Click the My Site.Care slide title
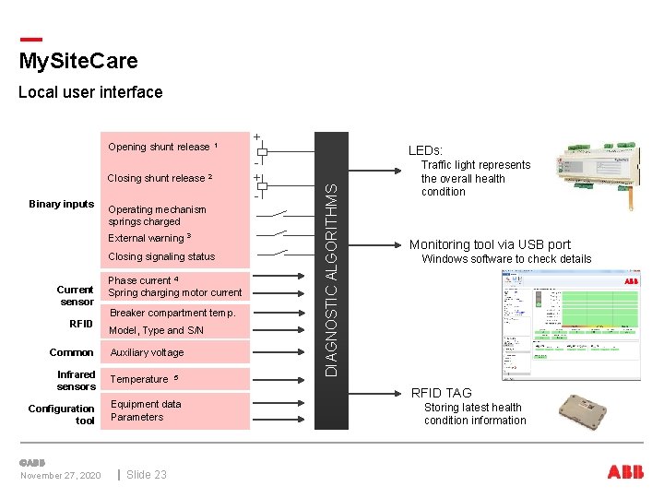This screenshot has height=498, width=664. [78, 61]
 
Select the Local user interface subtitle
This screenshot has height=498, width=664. [90, 92]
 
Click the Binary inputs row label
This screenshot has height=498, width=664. [62, 204]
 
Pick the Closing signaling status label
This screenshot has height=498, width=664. [161, 256]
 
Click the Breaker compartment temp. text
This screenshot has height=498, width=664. [172, 313]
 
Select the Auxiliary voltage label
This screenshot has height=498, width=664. [147, 352]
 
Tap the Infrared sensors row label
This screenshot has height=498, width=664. [76, 380]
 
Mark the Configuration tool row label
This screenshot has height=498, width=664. [62, 414]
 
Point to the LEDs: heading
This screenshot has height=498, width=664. [425, 150]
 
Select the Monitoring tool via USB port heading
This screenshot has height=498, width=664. [490, 244]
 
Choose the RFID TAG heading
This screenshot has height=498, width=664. [441, 393]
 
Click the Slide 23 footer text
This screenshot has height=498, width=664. [147, 474]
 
